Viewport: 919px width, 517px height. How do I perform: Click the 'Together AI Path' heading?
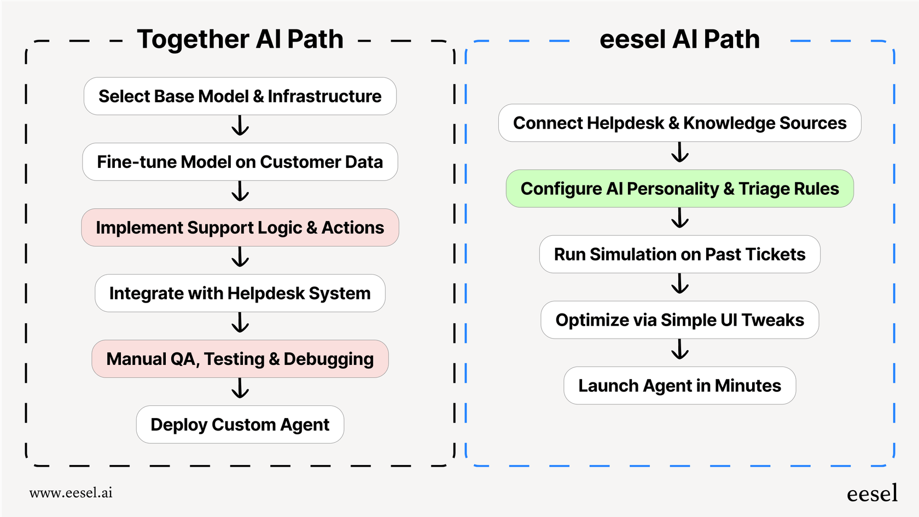pyautogui.click(x=240, y=39)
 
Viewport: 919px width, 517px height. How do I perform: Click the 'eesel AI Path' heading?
pyautogui.click(x=679, y=39)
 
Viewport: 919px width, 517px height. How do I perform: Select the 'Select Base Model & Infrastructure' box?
pyautogui.click(x=240, y=96)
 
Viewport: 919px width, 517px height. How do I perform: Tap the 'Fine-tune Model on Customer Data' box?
pyautogui.click(x=240, y=162)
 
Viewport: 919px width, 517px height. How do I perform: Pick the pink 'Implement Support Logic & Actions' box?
pyautogui.click(x=240, y=228)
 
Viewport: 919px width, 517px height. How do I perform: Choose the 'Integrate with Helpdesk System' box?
pyautogui.click(x=240, y=293)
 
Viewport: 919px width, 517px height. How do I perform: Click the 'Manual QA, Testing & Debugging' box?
pyautogui.click(x=240, y=359)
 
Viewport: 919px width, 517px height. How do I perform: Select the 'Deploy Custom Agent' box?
pyautogui.click(x=240, y=425)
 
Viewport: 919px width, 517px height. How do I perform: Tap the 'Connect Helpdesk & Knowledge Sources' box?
pyautogui.click(x=679, y=123)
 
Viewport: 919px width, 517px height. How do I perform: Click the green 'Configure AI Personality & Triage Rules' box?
pyautogui.click(x=679, y=189)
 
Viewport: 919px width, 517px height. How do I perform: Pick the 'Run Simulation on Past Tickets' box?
pyautogui.click(x=679, y=254)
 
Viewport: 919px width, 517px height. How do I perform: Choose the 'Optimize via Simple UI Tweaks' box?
pyautogui.click(x=679, y=320)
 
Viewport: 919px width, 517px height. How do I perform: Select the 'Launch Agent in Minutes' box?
pyautogui.click(x=679, y=386)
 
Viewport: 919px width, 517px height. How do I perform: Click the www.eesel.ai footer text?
pyautogui.click(x=71, y=492)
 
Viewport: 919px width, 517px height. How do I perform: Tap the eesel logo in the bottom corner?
pyautogui.click(x=872, y=493)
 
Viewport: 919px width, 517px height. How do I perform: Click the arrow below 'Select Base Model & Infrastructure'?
pyautogui.click(x=240, y=126)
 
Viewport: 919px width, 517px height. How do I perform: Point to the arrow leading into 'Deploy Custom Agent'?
pyautogui.click(x=240, y=388)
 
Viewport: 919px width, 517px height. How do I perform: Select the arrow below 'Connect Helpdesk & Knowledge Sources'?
pyautogui.click(x=680, y=153)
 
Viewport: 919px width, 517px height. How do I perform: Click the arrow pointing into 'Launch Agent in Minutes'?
pyautogui.click(x=680, y=350)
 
